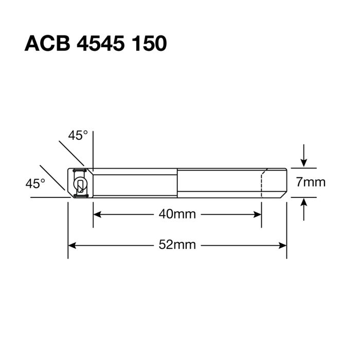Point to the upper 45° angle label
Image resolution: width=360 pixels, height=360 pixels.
[x=78, y=135]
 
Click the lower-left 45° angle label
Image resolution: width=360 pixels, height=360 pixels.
[x=35, y=183]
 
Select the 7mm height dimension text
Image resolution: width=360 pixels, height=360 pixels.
[x=311, y=182]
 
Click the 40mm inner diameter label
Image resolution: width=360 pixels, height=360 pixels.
[x=177, y=214]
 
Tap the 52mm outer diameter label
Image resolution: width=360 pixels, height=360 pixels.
[x=177, y=245]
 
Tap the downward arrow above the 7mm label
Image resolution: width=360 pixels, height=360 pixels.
[x=304, y=161]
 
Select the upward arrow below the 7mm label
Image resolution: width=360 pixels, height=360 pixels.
[x=304, y=203]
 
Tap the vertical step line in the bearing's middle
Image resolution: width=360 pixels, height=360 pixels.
[x=177, y=182]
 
